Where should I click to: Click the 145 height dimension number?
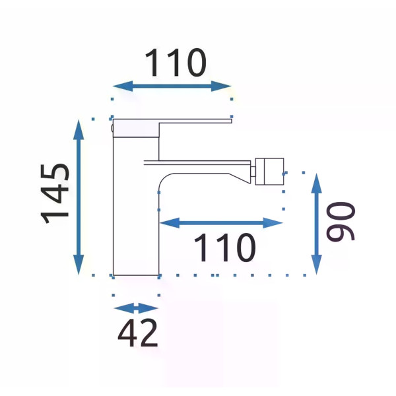point(55,194)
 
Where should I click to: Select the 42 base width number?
point(138,333)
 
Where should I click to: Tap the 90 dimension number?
point(341,221)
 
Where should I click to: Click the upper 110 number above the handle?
point(176,63)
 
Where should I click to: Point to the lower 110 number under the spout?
point(225,247)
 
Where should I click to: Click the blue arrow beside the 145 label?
point(79,197)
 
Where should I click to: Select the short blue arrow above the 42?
point(136,308)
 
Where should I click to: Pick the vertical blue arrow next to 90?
point(316,224)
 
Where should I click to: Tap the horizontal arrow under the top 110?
point(172,86)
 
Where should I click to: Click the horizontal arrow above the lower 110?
point(221,223)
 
